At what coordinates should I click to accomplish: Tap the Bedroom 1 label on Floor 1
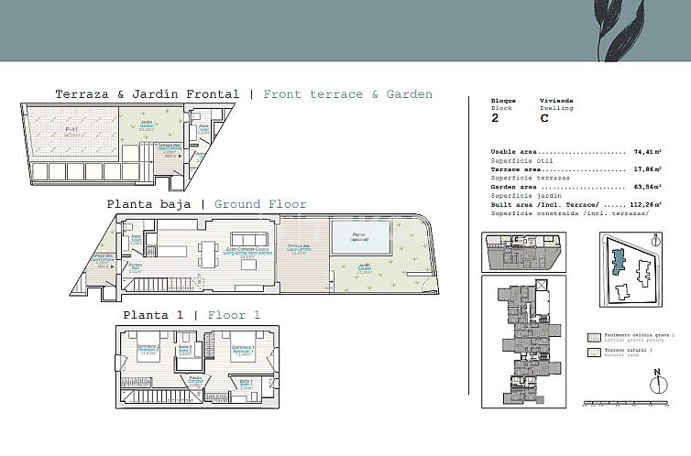pos(241,350)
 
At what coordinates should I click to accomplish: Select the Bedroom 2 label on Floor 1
pos(148,350)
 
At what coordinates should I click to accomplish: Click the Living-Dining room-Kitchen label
pos(247,255)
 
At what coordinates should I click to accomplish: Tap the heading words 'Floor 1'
pos(234,315)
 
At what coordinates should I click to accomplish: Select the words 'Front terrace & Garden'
pos(347,93)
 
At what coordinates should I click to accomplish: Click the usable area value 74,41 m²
pos(652,152)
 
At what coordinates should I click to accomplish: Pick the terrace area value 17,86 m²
pos(652,169)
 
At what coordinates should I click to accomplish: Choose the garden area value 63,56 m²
pos(652,187)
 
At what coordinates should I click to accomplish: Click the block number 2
pos(495,118)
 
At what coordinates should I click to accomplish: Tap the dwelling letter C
pos(544,118)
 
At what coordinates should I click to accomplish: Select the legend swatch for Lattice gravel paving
pos(594,337)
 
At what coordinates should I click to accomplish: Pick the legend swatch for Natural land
pos(594,352)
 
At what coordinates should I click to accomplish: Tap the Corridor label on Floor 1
pos(195,379)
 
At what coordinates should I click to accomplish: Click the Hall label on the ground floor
pos(135,270)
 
